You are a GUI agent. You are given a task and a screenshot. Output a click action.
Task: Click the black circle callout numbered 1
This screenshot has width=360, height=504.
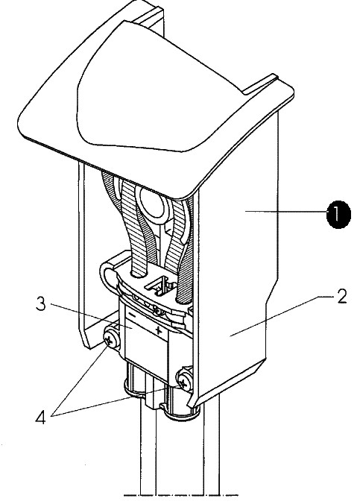pos(338,215)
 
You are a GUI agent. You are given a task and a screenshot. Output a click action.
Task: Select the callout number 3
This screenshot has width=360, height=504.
pos(40,303)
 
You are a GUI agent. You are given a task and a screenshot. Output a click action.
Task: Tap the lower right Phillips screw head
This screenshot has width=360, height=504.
pos(185,382)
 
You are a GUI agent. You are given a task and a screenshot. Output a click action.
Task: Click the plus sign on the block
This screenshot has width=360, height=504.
pos(158,330)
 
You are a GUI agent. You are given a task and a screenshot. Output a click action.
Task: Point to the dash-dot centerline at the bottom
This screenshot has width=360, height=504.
pos(180,495)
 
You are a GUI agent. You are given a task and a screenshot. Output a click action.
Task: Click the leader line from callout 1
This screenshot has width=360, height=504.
pos(286,211)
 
